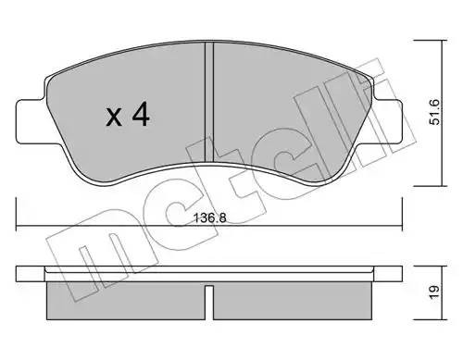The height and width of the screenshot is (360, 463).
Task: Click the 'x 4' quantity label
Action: tap(127, 116)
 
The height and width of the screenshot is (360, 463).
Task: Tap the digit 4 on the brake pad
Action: tap(142, 115)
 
